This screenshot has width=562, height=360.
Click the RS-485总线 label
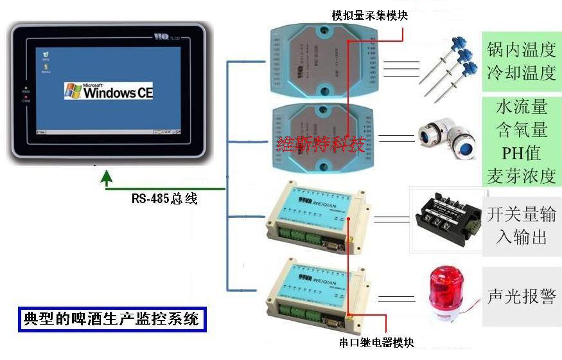(164, 199)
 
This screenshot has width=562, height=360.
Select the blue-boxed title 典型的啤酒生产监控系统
(111, 318)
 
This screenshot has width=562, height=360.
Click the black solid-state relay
(446, 219)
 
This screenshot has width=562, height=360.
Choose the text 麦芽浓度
(521, 177)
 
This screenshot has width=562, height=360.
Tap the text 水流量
(521, 106)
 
